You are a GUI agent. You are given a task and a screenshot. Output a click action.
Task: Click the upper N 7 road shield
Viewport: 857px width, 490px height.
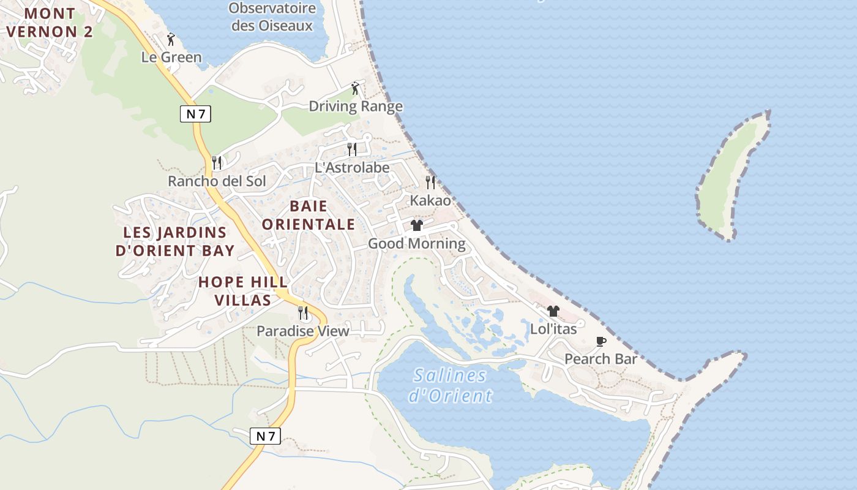pos(195,113)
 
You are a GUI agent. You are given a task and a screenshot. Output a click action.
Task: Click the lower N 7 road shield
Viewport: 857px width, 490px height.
pos(266,436)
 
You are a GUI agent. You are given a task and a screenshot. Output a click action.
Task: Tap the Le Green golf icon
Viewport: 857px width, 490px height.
pos(171,40)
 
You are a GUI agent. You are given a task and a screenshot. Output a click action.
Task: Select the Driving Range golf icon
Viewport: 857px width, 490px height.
pos(355,88)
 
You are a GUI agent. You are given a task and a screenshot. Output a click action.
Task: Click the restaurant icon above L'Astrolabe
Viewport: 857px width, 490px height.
pos(351,149)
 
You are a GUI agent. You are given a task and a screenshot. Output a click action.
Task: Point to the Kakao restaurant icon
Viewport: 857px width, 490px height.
pos(430,182)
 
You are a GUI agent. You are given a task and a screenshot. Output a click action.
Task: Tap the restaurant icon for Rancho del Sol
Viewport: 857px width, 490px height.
pos(217,163)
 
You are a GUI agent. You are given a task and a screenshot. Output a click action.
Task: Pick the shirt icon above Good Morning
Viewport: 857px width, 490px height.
pos(417,225)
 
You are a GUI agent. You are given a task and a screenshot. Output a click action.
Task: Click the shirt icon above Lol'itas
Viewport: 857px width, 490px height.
pos(553,311)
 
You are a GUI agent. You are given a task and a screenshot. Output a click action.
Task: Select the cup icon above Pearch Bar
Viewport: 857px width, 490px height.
pos(601,341)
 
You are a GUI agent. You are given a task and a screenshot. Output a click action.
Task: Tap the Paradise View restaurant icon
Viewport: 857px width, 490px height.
pos(303,313)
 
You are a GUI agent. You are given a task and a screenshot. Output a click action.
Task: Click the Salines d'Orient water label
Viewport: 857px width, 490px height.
pos(450,385)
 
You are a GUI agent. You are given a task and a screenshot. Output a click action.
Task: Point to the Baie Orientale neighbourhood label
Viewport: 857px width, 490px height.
pos(309,215)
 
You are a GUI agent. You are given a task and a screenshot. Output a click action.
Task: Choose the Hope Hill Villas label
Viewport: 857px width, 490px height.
pos(243,291)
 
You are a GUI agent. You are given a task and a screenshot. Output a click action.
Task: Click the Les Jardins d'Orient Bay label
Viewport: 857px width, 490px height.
pos(175,241)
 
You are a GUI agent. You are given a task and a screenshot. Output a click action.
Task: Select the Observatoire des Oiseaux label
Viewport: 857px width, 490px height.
pos(272,17)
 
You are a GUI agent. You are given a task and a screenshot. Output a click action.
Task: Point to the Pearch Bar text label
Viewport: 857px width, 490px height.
pos(601,359)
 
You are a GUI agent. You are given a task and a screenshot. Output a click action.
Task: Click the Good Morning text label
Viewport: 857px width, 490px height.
pos(416,244)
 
